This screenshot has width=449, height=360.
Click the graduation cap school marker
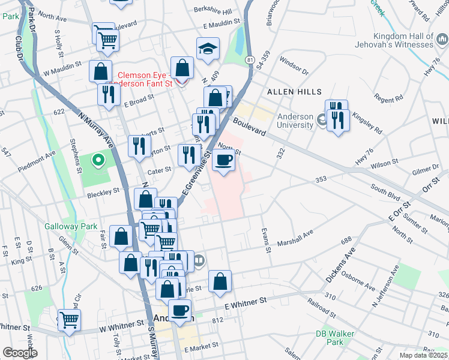(208, 49)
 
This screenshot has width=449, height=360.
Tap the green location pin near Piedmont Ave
(97, 160)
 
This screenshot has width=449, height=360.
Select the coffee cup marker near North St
(224, 160)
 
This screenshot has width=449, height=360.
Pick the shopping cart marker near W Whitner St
(70, 320)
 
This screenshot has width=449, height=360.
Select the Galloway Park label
(62, 227)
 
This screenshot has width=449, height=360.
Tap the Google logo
(19, 353)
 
